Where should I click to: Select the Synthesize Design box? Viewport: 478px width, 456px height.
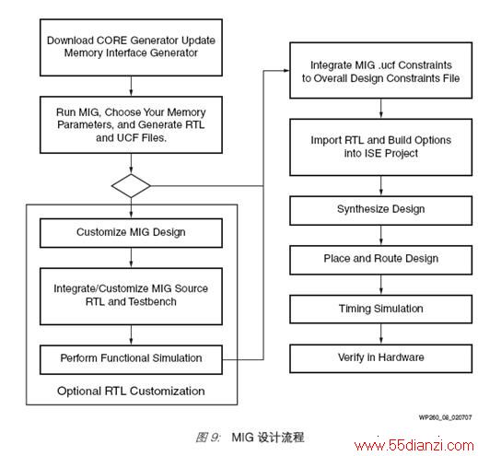pos(380,211)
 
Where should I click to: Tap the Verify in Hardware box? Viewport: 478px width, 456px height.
pos(380,358)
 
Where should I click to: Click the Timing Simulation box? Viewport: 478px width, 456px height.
pos(380,310)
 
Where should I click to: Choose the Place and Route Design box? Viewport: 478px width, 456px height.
pos(380,260)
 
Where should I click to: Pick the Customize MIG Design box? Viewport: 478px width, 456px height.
pos(131,233)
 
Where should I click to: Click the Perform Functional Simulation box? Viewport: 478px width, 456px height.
pos(131,359)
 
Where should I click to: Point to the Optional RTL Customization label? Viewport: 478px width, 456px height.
pos(131,392)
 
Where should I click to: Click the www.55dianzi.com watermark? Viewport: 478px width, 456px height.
pos(414,445)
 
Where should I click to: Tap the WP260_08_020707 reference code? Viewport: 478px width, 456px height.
pos(445,417)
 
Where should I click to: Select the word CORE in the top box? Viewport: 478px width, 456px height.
pos(111,41)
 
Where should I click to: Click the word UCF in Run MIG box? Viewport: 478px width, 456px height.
pos(126,138)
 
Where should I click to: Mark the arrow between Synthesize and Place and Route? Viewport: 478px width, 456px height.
pos(381,236)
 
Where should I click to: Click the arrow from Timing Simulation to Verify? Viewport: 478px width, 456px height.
pos(381,334)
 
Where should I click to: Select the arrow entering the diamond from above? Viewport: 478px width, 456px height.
pos(131,164)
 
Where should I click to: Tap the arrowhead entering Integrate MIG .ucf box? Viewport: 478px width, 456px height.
pos(286,70)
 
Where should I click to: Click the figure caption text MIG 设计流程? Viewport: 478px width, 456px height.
pos(268,438)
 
